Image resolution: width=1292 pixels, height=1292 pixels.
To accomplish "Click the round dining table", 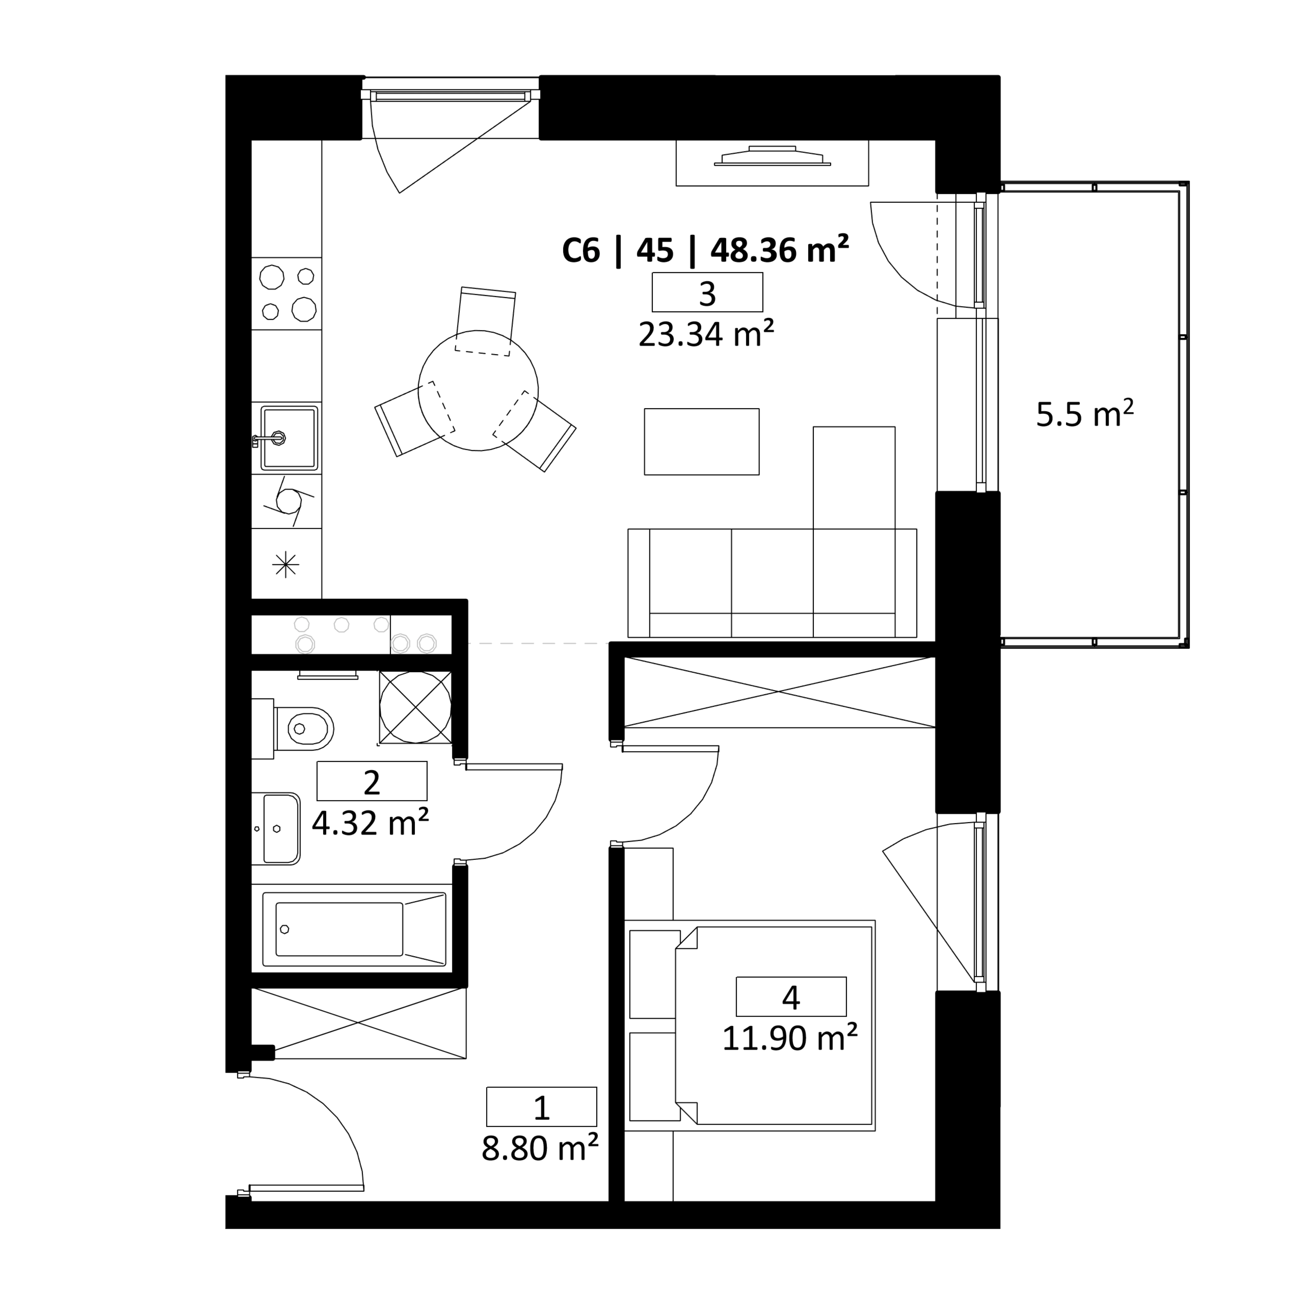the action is click(x=478, y=390).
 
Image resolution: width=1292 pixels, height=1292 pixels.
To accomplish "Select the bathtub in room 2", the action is click(x=355, y=929).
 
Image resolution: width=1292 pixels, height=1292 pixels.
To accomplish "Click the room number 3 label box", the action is click(x=707, y=292).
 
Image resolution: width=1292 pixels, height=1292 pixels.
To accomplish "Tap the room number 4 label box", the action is click(x=791, y=997).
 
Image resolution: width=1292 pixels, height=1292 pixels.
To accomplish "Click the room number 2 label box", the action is click(x=372, y=781).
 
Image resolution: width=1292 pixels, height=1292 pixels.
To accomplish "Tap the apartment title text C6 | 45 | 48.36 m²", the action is click(x=705, y=250).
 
